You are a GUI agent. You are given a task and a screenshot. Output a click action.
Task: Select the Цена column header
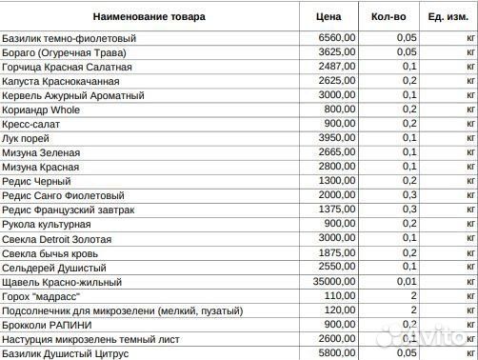[329, 17]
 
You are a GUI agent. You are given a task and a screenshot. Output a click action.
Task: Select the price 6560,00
[338, 38]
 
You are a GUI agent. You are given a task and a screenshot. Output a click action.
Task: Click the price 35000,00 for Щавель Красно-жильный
[335, 282]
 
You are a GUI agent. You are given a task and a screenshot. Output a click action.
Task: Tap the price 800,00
[341, 110]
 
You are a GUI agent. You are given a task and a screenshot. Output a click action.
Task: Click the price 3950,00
[338, 138]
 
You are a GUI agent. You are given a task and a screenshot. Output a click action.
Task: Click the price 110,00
[341, 296]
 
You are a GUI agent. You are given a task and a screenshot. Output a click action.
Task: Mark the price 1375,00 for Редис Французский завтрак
[338, 210]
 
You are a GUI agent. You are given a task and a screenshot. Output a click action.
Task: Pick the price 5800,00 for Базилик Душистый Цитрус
[338, 353]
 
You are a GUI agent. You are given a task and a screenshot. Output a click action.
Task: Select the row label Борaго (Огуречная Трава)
[67, 52]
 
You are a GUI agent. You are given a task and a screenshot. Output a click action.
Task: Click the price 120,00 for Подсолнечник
[341, 310]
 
